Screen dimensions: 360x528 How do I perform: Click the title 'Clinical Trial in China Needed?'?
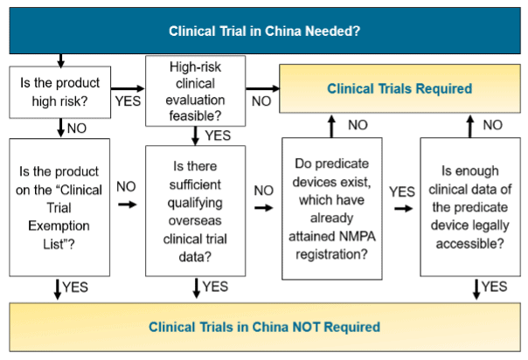(x=264, y=31)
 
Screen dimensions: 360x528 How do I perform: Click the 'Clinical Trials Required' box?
(x=399, y=88)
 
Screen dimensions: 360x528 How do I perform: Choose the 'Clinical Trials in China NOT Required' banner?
(x=264, y=327)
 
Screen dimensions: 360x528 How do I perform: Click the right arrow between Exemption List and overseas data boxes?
(x=128, y=204)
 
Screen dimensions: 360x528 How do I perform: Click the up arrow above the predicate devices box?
(x=331, y=126)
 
